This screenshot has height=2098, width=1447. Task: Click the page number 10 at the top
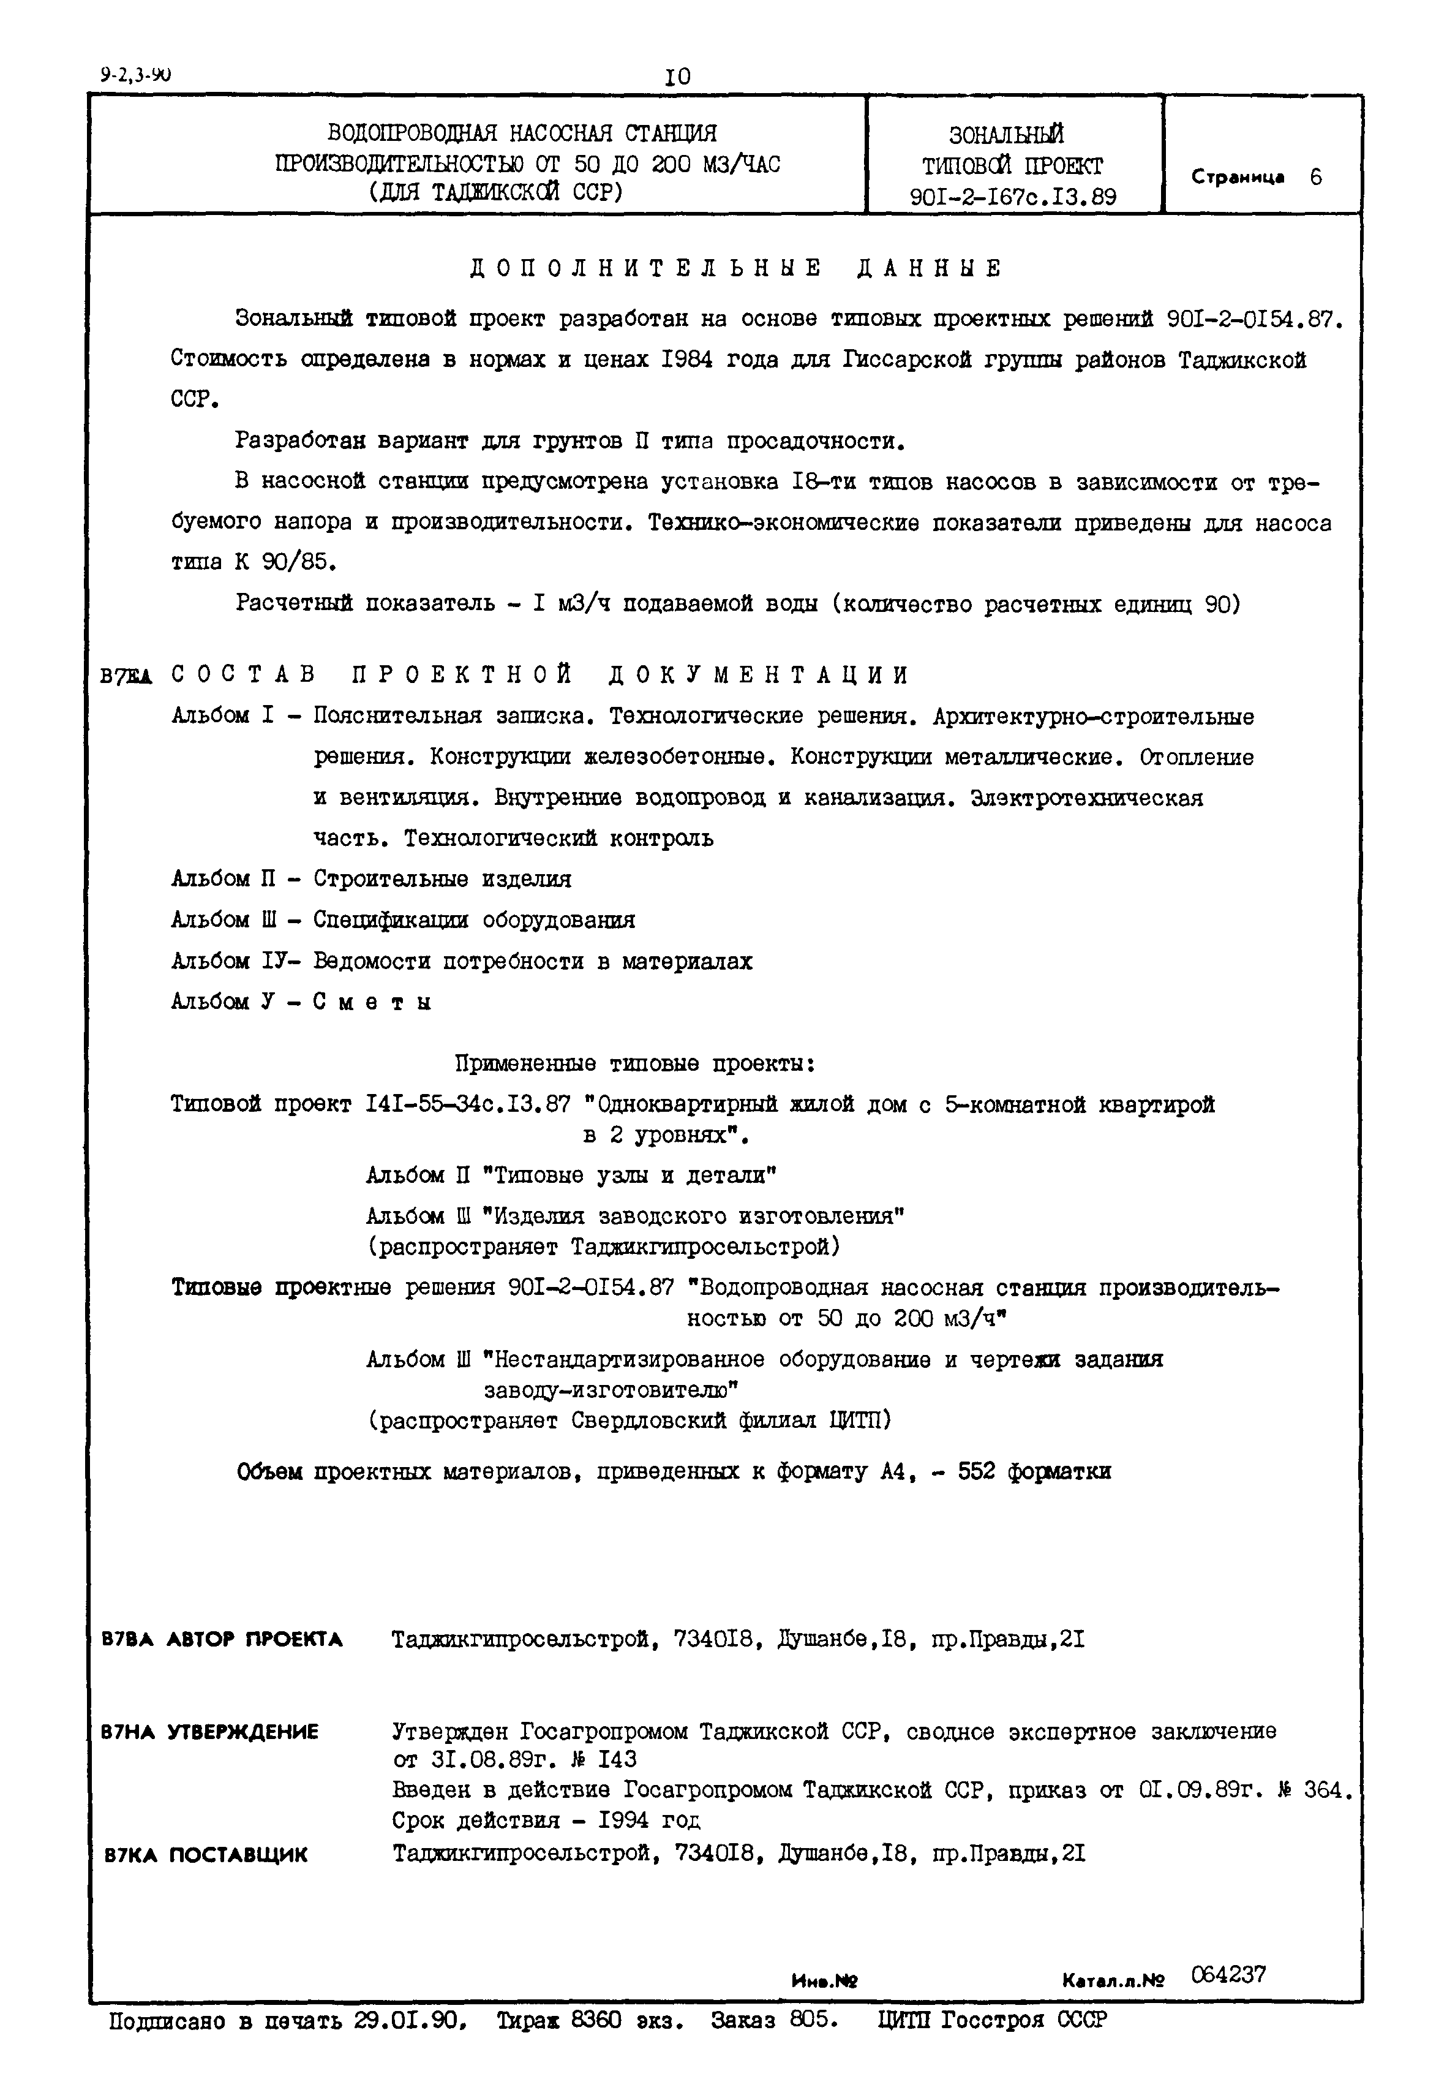pyautogui.click(x=677, y=77)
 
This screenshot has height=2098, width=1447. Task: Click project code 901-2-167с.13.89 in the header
pyautogui.click(x=1013, y=197)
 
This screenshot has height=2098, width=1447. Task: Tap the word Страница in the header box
pyautogui.click(x=1238, y=178)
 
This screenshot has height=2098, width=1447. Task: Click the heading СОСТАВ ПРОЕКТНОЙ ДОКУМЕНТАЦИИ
pyautogui.click(x=539, y=676)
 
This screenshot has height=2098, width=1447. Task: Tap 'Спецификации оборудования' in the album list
pyautogui.click(x=474, y=919)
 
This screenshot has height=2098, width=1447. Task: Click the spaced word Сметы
pyautogui.click(x=372, y=1002)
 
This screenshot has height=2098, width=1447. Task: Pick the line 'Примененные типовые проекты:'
pyautogui.click(x=634, y=1063)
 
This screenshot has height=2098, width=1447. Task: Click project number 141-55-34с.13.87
pyautogui.click(x=468, y=1104)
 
